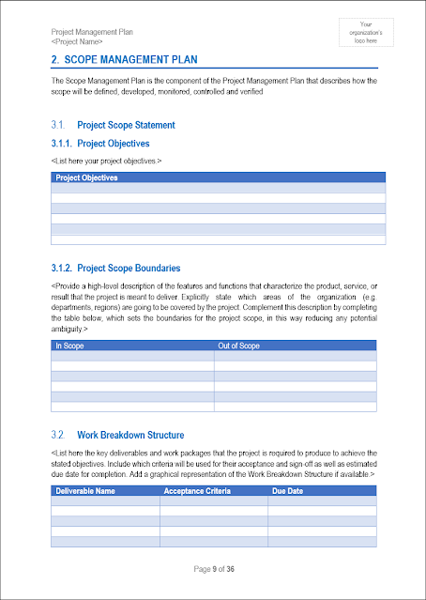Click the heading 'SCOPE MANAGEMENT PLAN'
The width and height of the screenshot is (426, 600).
[x=136, y=60]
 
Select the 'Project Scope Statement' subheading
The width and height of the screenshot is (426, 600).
[x=126, y=125]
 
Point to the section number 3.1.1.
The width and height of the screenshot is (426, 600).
[x=63, y=144]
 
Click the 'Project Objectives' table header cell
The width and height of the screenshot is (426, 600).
[x=87, y=177]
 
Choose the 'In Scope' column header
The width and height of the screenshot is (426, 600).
[x=71, y=346]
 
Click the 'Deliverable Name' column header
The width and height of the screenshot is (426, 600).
[x=86, y=490]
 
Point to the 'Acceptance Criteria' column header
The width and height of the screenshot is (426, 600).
[x=198, y=490]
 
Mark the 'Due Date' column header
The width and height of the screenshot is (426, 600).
[x=288, y=490]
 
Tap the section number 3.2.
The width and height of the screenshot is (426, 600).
[x=57, y=435]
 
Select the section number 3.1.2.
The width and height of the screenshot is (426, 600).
[x=63, y=269]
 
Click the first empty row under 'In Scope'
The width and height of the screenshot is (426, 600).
[x=131, y=357]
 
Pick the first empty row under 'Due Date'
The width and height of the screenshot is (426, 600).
[x=322, y=500]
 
